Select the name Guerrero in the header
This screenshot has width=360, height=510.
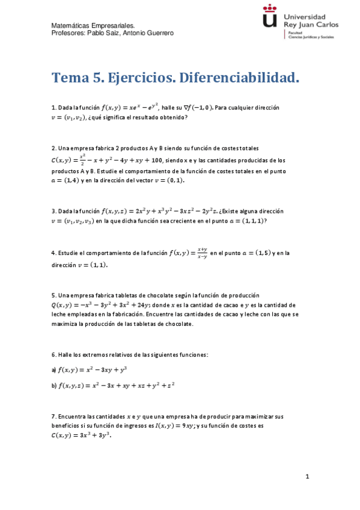(x=157, y=33)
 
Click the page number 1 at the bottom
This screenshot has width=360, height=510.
(x=307, y=477)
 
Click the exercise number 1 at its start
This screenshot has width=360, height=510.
(x=53, y=108)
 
